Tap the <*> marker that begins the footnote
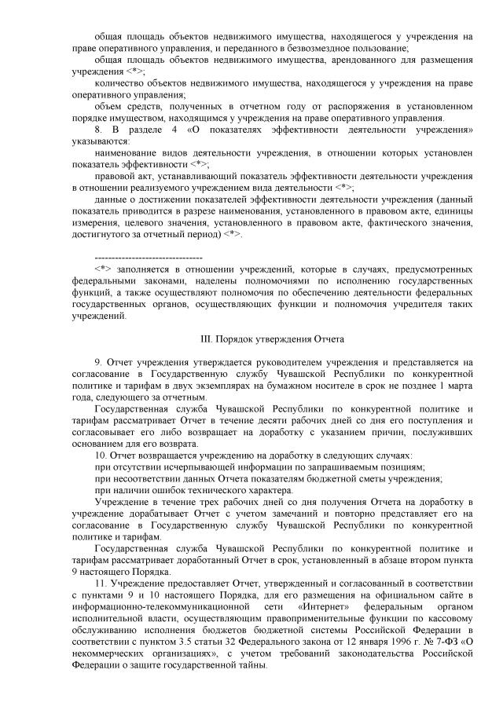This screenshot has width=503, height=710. point(101,269)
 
